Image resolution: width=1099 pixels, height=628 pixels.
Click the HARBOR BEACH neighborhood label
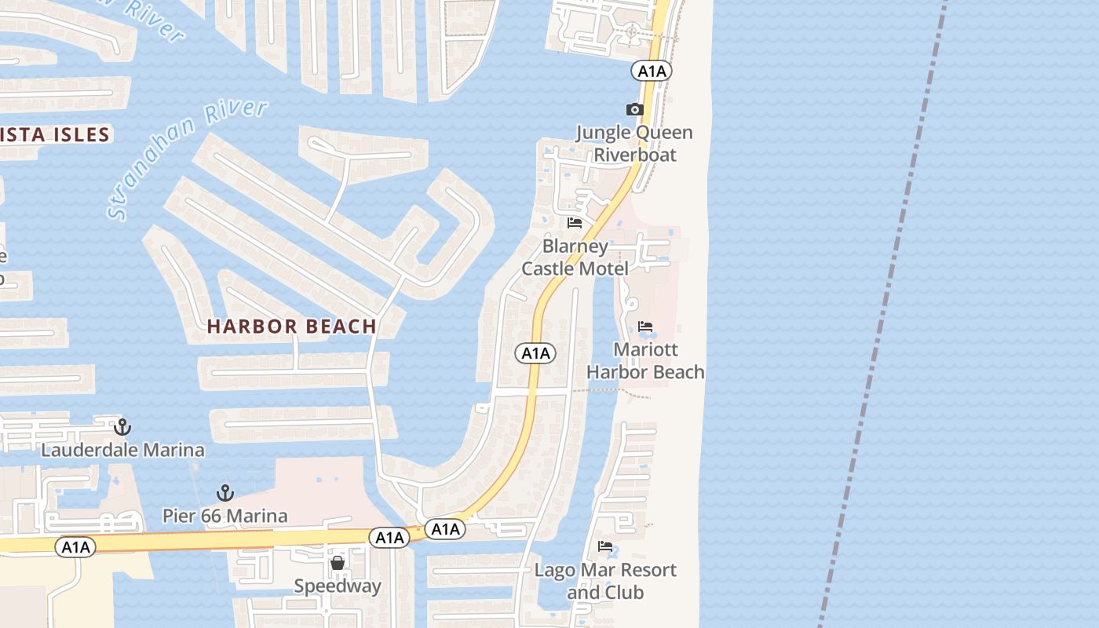tap(292, 327)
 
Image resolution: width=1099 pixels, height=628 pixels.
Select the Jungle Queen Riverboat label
tap(634, 144)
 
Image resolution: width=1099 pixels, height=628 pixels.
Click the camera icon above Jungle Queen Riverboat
tap(634, 110)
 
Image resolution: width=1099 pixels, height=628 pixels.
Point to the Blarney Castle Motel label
tap(575, 257)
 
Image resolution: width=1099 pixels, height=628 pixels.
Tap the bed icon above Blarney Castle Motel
tap(575, 223)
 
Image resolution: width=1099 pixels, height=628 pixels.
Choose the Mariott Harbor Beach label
tap(645, 360)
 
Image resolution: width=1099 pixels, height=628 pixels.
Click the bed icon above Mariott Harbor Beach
tap(645, 327)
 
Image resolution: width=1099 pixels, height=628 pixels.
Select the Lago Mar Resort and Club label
tap(605, 581)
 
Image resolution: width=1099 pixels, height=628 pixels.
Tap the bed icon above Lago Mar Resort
tap(605, 546)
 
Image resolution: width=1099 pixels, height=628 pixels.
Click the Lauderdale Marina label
tap(122, 451)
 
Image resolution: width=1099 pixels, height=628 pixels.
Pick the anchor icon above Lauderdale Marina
tap(122, 427)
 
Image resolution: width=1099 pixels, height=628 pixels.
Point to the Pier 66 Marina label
tap(225, 517)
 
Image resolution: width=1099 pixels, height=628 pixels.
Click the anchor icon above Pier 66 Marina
tap(225, 493)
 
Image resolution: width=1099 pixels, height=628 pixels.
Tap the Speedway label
tap(338, 586)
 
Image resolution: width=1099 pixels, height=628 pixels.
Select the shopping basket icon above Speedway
tap(338, 563)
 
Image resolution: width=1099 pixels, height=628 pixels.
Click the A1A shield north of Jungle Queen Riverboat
tap(652, 71)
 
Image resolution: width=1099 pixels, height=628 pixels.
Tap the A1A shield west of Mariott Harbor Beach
tap(536, 354)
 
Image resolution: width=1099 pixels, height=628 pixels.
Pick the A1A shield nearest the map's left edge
tap(76, 547)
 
